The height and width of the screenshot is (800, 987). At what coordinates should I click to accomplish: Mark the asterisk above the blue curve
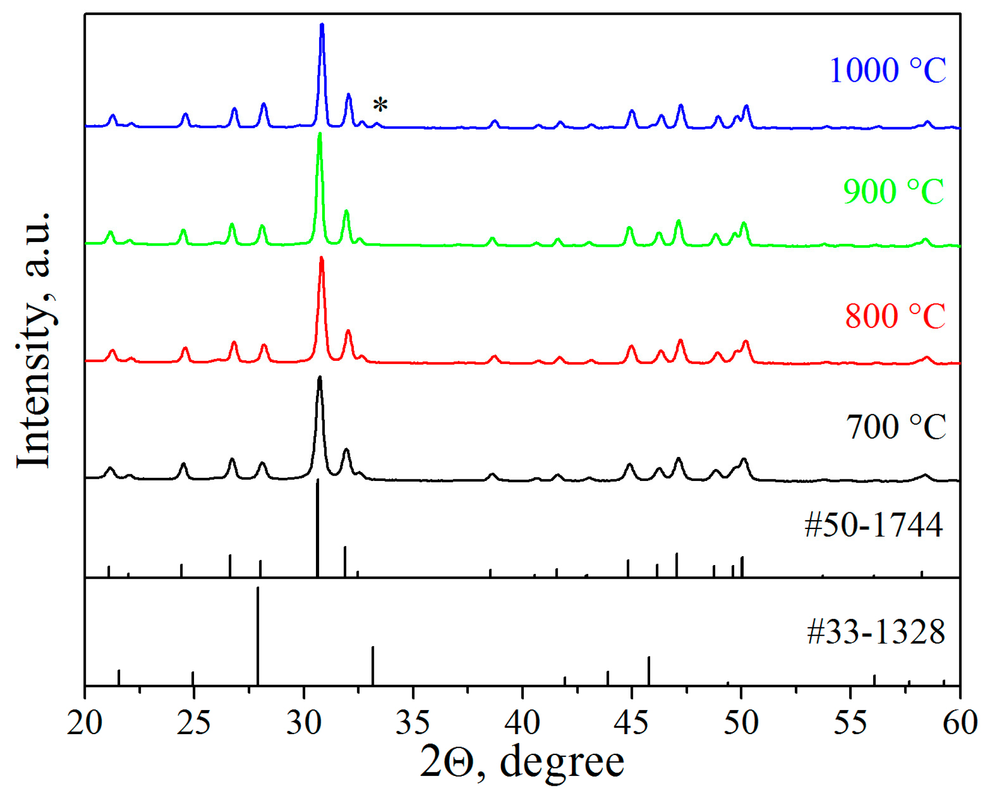pos(380,105)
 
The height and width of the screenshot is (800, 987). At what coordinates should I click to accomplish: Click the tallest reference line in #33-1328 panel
pos(258,636)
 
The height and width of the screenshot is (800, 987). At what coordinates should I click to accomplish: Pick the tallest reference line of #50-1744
pos(317,528)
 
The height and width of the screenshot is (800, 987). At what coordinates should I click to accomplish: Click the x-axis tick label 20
pos(84,723)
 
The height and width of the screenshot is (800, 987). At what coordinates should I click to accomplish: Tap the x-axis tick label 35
pos(413,723)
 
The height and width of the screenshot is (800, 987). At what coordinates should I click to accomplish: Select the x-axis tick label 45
pos(632,723)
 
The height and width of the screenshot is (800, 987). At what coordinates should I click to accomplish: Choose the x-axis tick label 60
pos(960,723)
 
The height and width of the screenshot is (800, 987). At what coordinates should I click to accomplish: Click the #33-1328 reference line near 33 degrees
pos(372,666)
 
